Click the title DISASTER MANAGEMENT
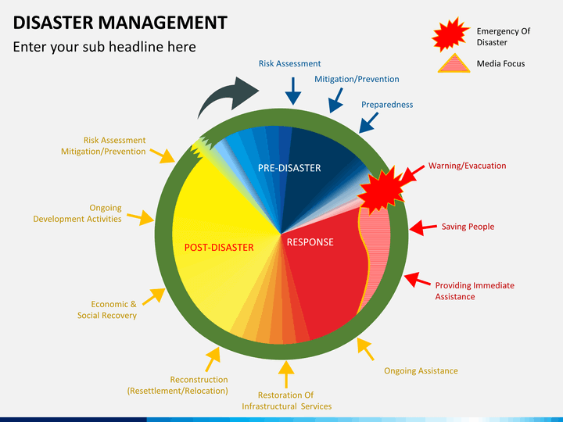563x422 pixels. click(x=120, y=22)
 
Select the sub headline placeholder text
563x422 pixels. click(x=105, y=47)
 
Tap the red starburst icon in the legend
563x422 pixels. click(x=450, y=34)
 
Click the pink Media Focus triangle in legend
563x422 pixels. click(x=454, y=63)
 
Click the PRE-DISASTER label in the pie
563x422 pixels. click(x=289, y=168)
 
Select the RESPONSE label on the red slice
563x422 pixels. click(x=310, y=242)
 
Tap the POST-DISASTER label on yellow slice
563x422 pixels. click(x=219, y=248)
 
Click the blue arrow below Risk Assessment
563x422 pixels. click(x=293, y=91)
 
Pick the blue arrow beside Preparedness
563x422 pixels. click(x=368, y=123)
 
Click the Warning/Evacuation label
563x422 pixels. click(x=467, y=166)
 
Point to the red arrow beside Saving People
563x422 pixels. click(x=423, y=228)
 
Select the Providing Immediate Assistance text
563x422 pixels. click(x=475, y=291)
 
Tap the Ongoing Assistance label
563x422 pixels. click(x=421, y=370)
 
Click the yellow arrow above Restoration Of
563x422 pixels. click(x=286, y=374)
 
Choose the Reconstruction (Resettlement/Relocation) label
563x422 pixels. click(x=178, y=385)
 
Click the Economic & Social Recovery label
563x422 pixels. click(x=107, y=309)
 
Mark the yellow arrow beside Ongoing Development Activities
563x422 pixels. click(x=141, y=217)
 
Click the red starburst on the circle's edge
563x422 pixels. click(x=382, y=190)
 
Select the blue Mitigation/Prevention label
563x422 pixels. click(x=357, y=79)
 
